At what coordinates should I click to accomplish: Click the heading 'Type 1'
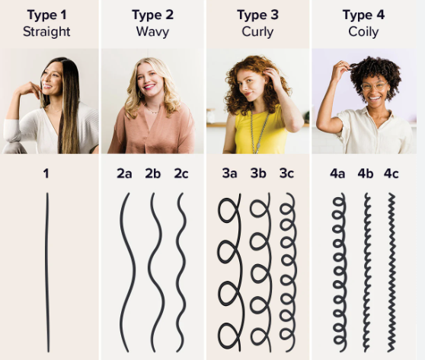pos(46,15)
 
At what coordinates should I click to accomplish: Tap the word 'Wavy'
pos(152,32)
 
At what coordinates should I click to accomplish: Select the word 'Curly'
pos(257,32)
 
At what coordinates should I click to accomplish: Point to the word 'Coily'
pos(363,32)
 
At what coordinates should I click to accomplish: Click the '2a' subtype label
pos(124,174)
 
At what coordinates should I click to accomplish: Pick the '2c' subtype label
pos(181,174)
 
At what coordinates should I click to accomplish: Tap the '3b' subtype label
pos(258,174)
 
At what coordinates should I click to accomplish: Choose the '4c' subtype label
pos(391,174)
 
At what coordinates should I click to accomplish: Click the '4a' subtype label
pos(337,174)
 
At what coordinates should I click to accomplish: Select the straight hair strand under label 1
pos(47,272)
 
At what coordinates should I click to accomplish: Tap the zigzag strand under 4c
pos(391,272)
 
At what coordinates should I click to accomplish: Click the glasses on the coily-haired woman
pos(374,87)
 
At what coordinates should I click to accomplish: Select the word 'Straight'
pos(46,32)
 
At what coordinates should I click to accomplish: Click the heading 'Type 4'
pos(363,15)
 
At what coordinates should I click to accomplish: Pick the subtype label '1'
pos(46,174)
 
